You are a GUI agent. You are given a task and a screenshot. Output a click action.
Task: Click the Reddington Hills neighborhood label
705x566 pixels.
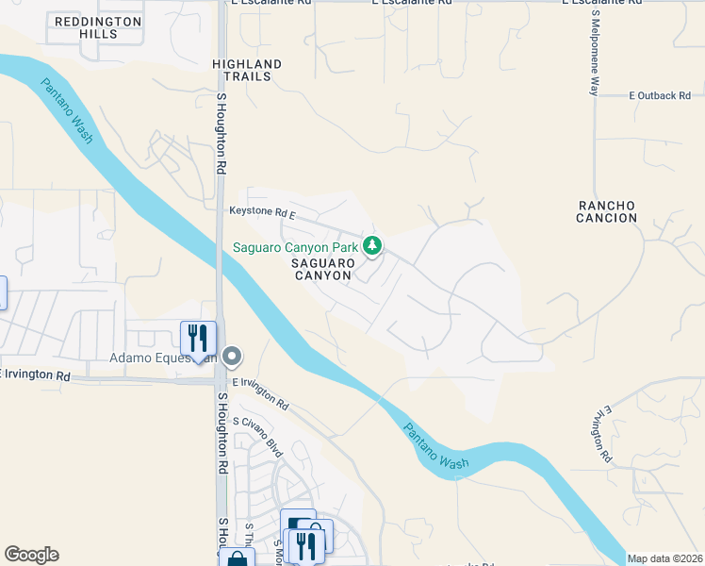click(x=99, y=27)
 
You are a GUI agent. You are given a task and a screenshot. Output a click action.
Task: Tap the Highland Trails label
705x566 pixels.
click(x=247, y=71)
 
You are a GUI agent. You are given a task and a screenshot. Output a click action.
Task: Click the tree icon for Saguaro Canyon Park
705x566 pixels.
click(x=373, y=246)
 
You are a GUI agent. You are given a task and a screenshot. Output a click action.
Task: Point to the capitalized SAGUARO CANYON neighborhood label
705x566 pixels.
click(x=321, y=269)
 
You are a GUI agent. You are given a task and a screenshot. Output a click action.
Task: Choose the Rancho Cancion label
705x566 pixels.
click(x=608, y=211)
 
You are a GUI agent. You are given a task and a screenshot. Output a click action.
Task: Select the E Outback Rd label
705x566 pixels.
click(x=660, y=96)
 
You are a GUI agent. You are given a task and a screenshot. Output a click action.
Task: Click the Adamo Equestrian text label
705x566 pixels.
click(x=164, y=358)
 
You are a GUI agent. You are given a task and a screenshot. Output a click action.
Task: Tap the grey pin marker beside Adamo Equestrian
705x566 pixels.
click(x=232, y=356)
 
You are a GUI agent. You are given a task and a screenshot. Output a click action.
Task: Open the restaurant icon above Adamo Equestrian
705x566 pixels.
click(x=198, y=337)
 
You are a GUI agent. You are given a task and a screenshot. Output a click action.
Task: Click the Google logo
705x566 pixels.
click(x=32, y=555)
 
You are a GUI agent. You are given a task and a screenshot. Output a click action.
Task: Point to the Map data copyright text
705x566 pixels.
click(x=664, y=558)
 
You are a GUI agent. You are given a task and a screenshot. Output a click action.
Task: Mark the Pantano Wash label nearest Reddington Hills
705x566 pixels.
click(x=67, y=110)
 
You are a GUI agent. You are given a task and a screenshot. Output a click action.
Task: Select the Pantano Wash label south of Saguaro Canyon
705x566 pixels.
click(x=435, y=447)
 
